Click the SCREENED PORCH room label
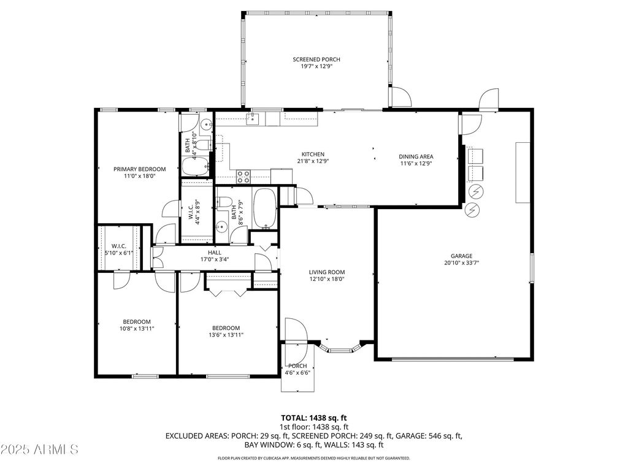(316, 59)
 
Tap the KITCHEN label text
(312, 155)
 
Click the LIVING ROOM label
(326, 272)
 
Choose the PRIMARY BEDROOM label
(139, 169)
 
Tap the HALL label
(214, 252)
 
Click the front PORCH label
(297, 366)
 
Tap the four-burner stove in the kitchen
(243, 177)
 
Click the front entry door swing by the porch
(295, 331)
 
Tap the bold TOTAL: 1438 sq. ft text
(314, 417)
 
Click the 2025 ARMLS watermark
(40, 450)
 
